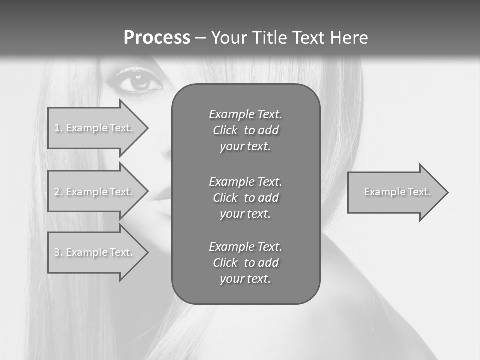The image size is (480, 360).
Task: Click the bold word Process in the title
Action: [157, 38]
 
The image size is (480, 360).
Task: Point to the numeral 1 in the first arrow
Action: [57, 128]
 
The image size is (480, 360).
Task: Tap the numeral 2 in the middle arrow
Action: [57, 192]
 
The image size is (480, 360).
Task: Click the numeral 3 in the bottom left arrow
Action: [57, 252]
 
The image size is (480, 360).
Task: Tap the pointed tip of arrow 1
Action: [147, 128]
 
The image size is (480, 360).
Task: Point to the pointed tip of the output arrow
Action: [447, 192]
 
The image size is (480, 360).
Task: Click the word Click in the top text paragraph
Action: [225, 130]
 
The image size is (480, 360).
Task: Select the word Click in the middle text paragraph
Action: [225, 198]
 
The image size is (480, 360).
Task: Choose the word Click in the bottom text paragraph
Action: [225, 263]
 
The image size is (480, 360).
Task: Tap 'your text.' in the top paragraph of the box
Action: [245, 146]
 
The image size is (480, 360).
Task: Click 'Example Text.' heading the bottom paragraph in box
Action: [245, 247]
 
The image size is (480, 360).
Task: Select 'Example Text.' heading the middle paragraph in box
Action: [245, 182]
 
